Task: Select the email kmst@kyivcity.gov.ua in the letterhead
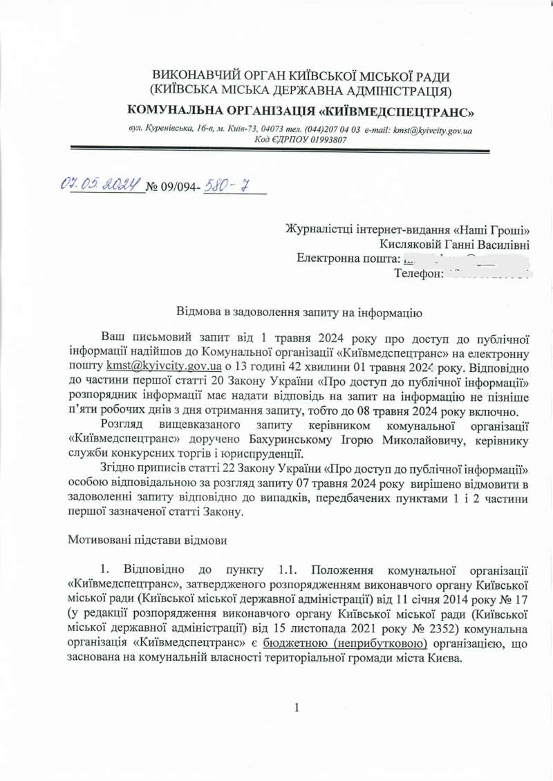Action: coord(432,130)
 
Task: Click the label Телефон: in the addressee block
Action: coord(418,274)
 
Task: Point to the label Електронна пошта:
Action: coord(348,258)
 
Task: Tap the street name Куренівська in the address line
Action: coord(169,130)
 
